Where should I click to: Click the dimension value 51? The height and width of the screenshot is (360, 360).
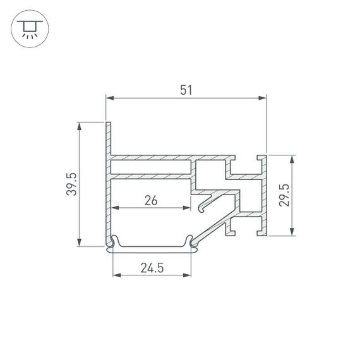(186, 90)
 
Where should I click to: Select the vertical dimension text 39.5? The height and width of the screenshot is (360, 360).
(71, 184)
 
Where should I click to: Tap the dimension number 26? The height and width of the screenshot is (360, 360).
(151, 201)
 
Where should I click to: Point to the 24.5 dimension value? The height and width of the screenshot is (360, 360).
(152, 268)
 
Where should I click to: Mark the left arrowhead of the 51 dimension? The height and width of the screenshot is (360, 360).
(109, 98)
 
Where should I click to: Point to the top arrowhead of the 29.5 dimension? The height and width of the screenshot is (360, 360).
(292, 158)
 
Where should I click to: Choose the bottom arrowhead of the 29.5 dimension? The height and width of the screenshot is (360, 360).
(292, 232)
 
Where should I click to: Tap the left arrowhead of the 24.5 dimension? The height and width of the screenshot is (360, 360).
(116, 275)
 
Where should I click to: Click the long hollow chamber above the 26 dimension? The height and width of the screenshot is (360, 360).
(151, 167)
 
